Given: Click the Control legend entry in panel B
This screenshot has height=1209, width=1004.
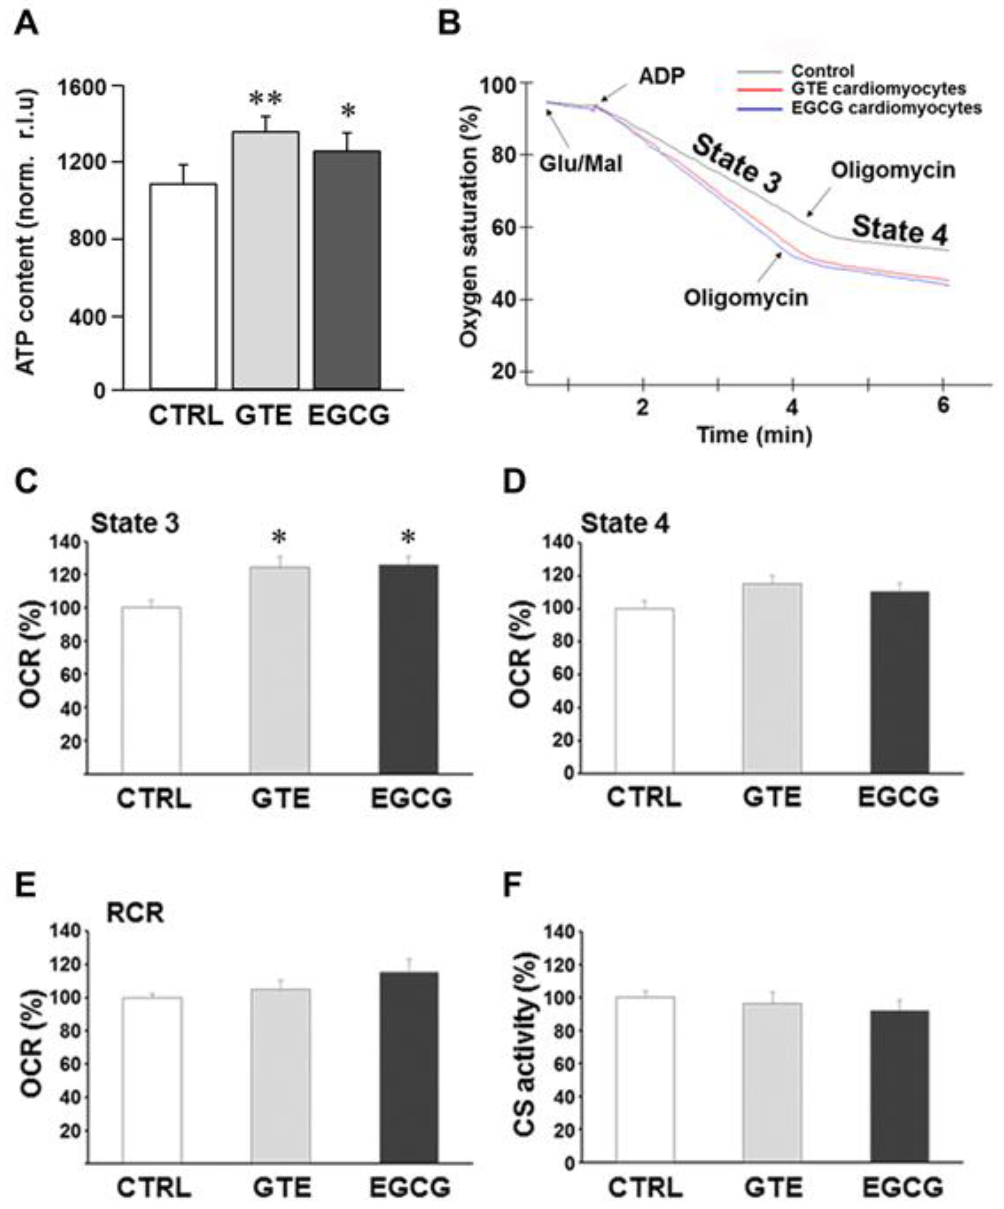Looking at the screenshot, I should pos(822,71).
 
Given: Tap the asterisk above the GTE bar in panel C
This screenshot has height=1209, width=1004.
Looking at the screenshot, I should pos(279,538).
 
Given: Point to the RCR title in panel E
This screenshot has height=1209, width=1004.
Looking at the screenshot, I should pos(135,913).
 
